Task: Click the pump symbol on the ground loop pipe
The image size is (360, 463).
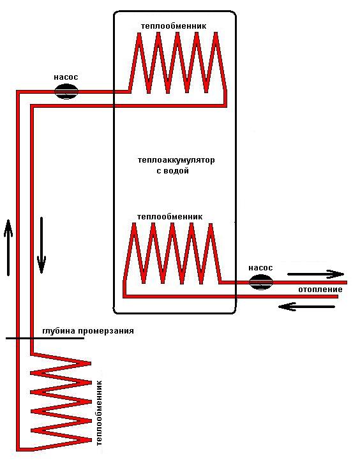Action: point(66,92)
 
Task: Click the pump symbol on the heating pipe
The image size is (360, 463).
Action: point(260,282)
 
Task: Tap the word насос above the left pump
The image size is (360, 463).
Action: point(66,77)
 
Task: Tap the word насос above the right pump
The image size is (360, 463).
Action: point(260,268)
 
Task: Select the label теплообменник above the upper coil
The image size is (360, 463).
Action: point(174,26)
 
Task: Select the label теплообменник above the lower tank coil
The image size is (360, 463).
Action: point(170,217)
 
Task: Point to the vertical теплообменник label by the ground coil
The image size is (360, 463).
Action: point(99,413)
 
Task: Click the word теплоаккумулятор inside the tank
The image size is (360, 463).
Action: point(176,160)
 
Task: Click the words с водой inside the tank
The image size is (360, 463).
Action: point(172,171)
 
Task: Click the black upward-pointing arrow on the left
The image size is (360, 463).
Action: point(8,247)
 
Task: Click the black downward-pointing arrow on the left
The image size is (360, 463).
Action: point(41,245)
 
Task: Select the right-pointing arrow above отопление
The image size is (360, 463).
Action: point(316,274)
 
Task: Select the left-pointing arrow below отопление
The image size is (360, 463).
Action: point(306,307)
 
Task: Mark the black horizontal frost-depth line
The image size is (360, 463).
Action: point(45,338)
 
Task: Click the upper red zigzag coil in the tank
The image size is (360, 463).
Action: point(177,62)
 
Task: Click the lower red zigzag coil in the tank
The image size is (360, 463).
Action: point(172,253)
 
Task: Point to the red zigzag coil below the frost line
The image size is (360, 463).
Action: point(61,402)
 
